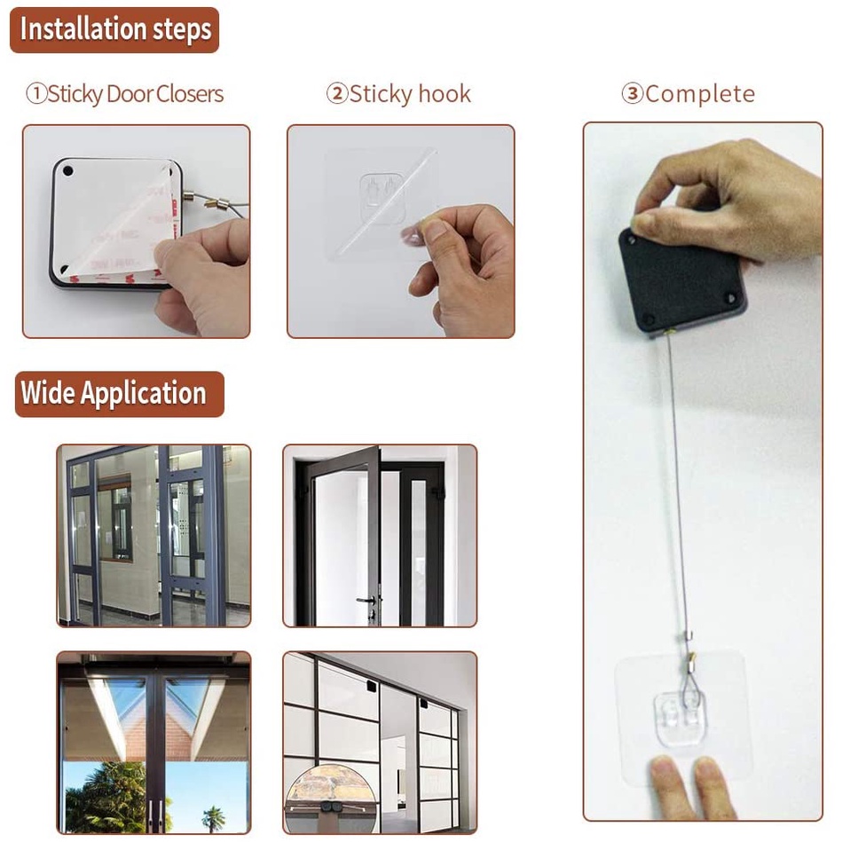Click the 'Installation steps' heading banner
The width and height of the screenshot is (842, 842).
pos(114,29)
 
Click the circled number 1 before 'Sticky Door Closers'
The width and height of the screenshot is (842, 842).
pos(35,94)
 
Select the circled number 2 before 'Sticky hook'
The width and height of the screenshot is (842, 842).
pos(337,94)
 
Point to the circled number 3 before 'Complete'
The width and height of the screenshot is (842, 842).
pos(632,94)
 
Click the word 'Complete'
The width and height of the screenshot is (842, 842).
pos(700,94)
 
